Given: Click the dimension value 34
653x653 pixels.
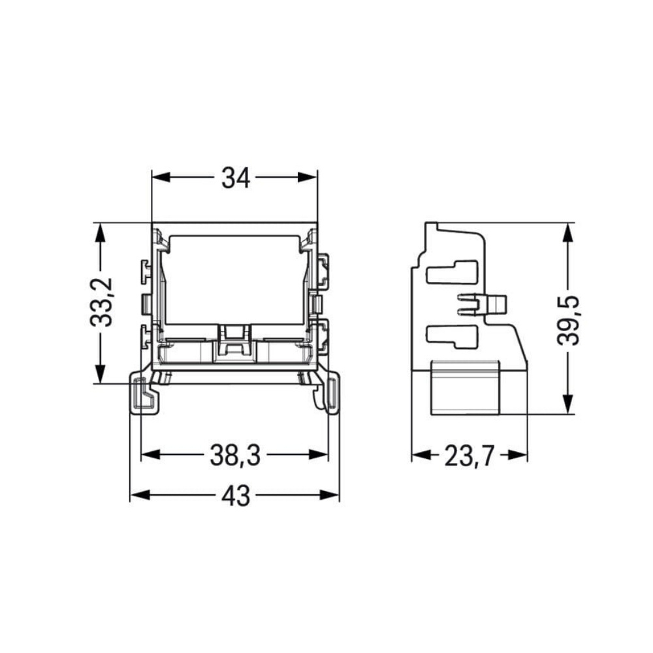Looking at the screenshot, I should [x=235, y=178].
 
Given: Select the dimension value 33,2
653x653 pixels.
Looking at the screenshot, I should [x=101, y=302].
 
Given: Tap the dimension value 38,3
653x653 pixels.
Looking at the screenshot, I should [x=235, y=456].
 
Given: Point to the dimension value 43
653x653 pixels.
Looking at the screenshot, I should [x=235, y=496].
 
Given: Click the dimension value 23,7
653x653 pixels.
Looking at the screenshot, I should [x=469, y=456].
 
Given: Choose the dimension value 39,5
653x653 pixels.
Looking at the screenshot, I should [x=569, y=318].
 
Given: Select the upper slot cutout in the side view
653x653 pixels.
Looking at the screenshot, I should [x=451, y=272].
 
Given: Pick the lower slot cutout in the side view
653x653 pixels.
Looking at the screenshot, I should [x=451, y=336].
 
